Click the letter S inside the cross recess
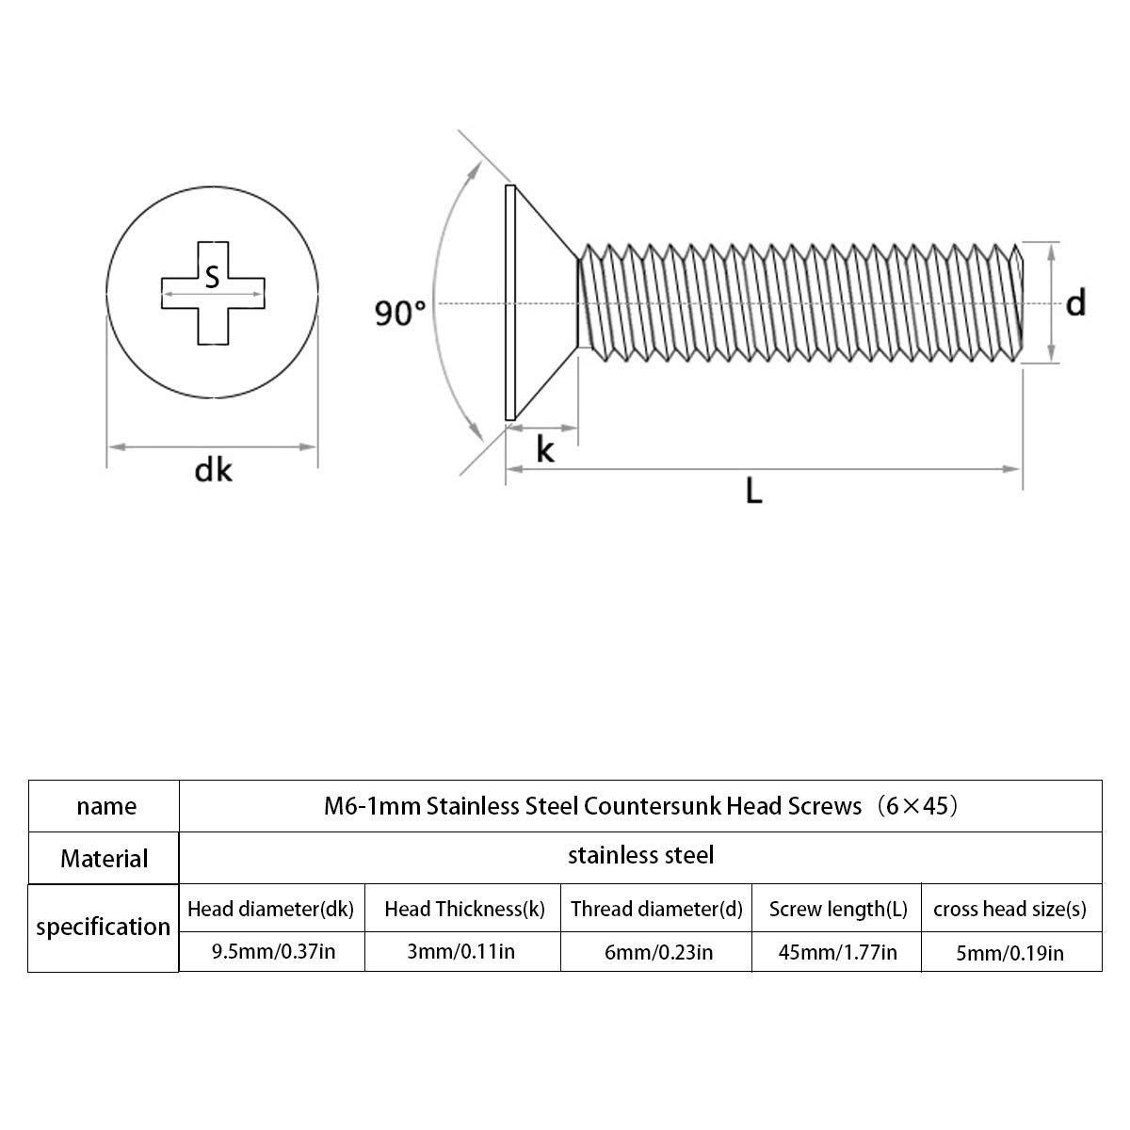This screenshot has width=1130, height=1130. [212, 277]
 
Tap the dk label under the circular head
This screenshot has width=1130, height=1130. [213, 471]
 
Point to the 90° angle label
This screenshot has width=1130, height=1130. [400, 314]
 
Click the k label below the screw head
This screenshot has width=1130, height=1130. [545, 450]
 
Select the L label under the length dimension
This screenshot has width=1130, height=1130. [753, 491]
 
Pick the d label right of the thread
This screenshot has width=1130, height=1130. [1075, 303]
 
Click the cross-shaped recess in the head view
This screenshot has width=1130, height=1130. [213, 293]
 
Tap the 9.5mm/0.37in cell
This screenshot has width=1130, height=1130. [273, 951]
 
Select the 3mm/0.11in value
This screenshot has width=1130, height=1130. [460, 951]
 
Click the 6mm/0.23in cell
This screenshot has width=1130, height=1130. [658, 952]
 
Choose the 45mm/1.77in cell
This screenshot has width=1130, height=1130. [837, 952]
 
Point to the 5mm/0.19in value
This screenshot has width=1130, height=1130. [1009, 953]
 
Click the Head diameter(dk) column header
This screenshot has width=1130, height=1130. [271, 909]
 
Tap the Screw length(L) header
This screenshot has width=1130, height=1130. [838, 909]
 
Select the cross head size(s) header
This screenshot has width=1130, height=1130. [1009, 909]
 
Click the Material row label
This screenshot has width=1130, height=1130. [105, 859]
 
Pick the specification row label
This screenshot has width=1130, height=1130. [104, 927]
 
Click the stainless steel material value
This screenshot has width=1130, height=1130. [641, 855]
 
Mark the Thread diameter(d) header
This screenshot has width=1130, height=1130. [656, 909]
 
